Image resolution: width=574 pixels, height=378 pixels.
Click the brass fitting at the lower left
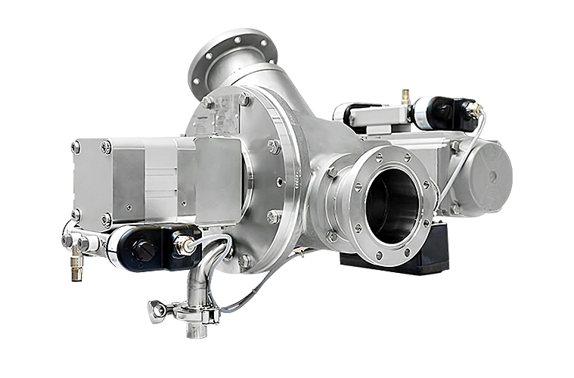click(x=76, y=269)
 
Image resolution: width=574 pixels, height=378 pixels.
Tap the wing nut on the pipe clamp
click(x=157, y=311)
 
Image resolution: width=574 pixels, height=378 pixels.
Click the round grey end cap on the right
click(x=487, y=178)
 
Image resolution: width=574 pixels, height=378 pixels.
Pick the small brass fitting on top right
click(x=405, y=96)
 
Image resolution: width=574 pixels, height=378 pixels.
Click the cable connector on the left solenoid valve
click(x=184, y=244)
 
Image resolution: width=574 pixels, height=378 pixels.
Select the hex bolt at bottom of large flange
click(x=244, y=261)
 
